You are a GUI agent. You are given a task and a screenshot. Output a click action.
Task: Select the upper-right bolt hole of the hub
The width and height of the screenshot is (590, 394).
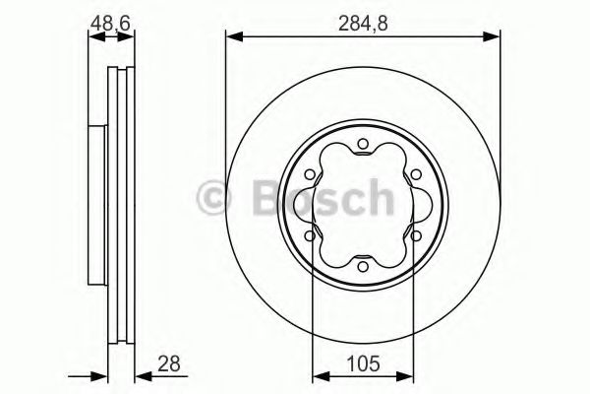(414, 176)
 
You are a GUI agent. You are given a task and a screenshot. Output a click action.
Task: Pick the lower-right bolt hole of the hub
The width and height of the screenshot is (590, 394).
(414, 236)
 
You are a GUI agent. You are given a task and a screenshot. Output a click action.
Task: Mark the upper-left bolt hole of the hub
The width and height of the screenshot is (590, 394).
(310, 176)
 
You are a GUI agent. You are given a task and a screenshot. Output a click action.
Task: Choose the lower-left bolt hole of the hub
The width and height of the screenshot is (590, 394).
(310, 236)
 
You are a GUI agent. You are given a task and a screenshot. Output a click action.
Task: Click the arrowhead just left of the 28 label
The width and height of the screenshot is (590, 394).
(140, 374)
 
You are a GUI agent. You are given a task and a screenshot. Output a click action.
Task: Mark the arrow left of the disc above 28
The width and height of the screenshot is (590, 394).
(99, 374)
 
